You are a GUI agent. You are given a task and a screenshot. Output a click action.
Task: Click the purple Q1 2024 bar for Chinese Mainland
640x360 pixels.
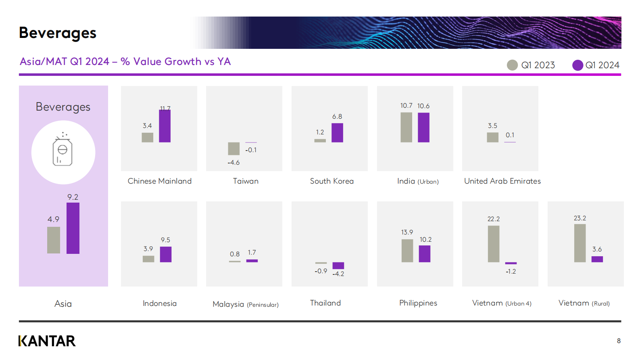165,126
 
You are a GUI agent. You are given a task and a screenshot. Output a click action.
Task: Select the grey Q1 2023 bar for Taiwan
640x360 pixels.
234,149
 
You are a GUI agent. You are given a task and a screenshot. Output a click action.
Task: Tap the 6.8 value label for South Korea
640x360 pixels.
337,117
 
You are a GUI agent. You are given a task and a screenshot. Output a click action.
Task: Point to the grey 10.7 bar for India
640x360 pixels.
406,127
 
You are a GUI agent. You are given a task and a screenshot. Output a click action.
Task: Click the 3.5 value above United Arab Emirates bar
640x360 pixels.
492,126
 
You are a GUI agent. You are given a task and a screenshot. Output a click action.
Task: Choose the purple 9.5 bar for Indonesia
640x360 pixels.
166,254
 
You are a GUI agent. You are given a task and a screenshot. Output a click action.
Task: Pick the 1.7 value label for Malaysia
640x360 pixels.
252,253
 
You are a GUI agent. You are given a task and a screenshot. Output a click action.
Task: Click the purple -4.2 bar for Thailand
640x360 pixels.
338,266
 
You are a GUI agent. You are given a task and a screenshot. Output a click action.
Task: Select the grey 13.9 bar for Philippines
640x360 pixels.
407,251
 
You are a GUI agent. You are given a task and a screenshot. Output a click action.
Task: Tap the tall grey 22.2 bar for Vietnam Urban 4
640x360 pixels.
494,244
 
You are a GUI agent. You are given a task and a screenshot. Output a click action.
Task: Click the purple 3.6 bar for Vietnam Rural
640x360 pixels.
597,259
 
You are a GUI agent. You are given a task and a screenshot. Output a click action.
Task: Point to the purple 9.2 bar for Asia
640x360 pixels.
73,228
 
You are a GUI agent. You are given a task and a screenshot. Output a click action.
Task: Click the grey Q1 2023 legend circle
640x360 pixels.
512,65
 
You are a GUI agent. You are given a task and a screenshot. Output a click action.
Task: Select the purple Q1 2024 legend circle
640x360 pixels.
577,65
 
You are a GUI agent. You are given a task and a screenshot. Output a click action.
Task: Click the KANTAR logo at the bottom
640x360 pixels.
47,341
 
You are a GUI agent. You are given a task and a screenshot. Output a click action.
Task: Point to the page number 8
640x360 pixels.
619,341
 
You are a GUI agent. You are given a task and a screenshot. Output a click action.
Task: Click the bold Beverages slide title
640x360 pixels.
58,33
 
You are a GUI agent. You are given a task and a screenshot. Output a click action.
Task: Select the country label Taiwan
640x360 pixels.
246,181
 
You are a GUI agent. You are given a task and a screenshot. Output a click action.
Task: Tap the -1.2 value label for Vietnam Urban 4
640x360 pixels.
511,271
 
